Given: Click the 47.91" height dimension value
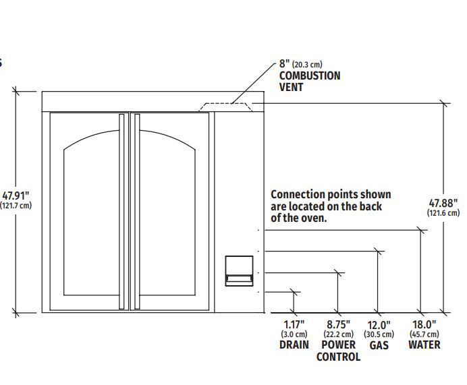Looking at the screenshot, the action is (x=16, y=196).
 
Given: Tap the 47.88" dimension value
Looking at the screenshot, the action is (x=443, y=203).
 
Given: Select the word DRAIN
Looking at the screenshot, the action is (x=294, y=345).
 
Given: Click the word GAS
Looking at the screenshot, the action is (x=379, y=345).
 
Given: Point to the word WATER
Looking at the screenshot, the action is (x=424, y=345).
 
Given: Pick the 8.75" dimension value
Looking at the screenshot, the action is (x=338, y=324).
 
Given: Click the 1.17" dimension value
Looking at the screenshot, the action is (x=294, y=324).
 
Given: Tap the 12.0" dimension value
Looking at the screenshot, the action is (x=379, y=325).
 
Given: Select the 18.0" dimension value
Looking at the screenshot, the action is (x=424, y=324).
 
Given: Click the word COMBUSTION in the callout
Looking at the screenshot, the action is (x=310, y=76).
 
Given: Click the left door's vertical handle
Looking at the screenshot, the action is (x=121, y=212).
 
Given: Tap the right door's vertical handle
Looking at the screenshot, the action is (x=137, y=212).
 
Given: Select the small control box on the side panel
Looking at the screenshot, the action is (x=239, y=271).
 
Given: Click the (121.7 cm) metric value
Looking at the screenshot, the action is (x=16, y=205).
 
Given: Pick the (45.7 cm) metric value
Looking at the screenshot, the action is (x=424, y=334).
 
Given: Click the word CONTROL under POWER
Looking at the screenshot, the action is (x=338, y=357).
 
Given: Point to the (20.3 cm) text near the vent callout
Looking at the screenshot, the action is (x=307, y=64).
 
